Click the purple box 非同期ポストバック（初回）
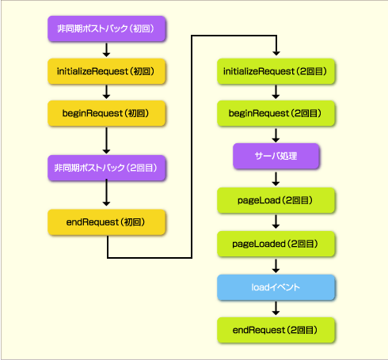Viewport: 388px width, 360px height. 107,28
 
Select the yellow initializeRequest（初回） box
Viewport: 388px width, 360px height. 107,71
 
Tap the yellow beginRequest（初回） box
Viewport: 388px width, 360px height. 107,113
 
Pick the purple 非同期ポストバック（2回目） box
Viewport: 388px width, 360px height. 107,168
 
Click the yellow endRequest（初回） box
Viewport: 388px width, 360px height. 107,222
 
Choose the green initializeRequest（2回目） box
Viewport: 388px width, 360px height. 276,71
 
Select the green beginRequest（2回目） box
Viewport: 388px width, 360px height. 276,113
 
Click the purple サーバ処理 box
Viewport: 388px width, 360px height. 276,156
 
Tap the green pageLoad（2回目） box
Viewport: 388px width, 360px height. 276,200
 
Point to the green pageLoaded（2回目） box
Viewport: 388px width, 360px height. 276,244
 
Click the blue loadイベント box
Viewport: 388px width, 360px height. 276,287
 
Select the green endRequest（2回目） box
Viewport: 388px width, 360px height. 276,330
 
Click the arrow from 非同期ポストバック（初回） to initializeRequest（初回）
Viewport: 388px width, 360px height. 106,50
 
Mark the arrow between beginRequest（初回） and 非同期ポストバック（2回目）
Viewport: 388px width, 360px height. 106,141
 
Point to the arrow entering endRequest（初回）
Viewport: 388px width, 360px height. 106,192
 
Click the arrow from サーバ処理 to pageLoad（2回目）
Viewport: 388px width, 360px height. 276,179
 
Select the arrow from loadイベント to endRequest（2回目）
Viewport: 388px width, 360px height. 276,309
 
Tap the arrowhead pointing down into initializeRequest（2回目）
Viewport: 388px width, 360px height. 276,53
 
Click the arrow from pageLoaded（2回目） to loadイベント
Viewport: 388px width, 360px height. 276,266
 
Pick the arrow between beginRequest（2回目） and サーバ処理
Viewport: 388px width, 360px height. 276,135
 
